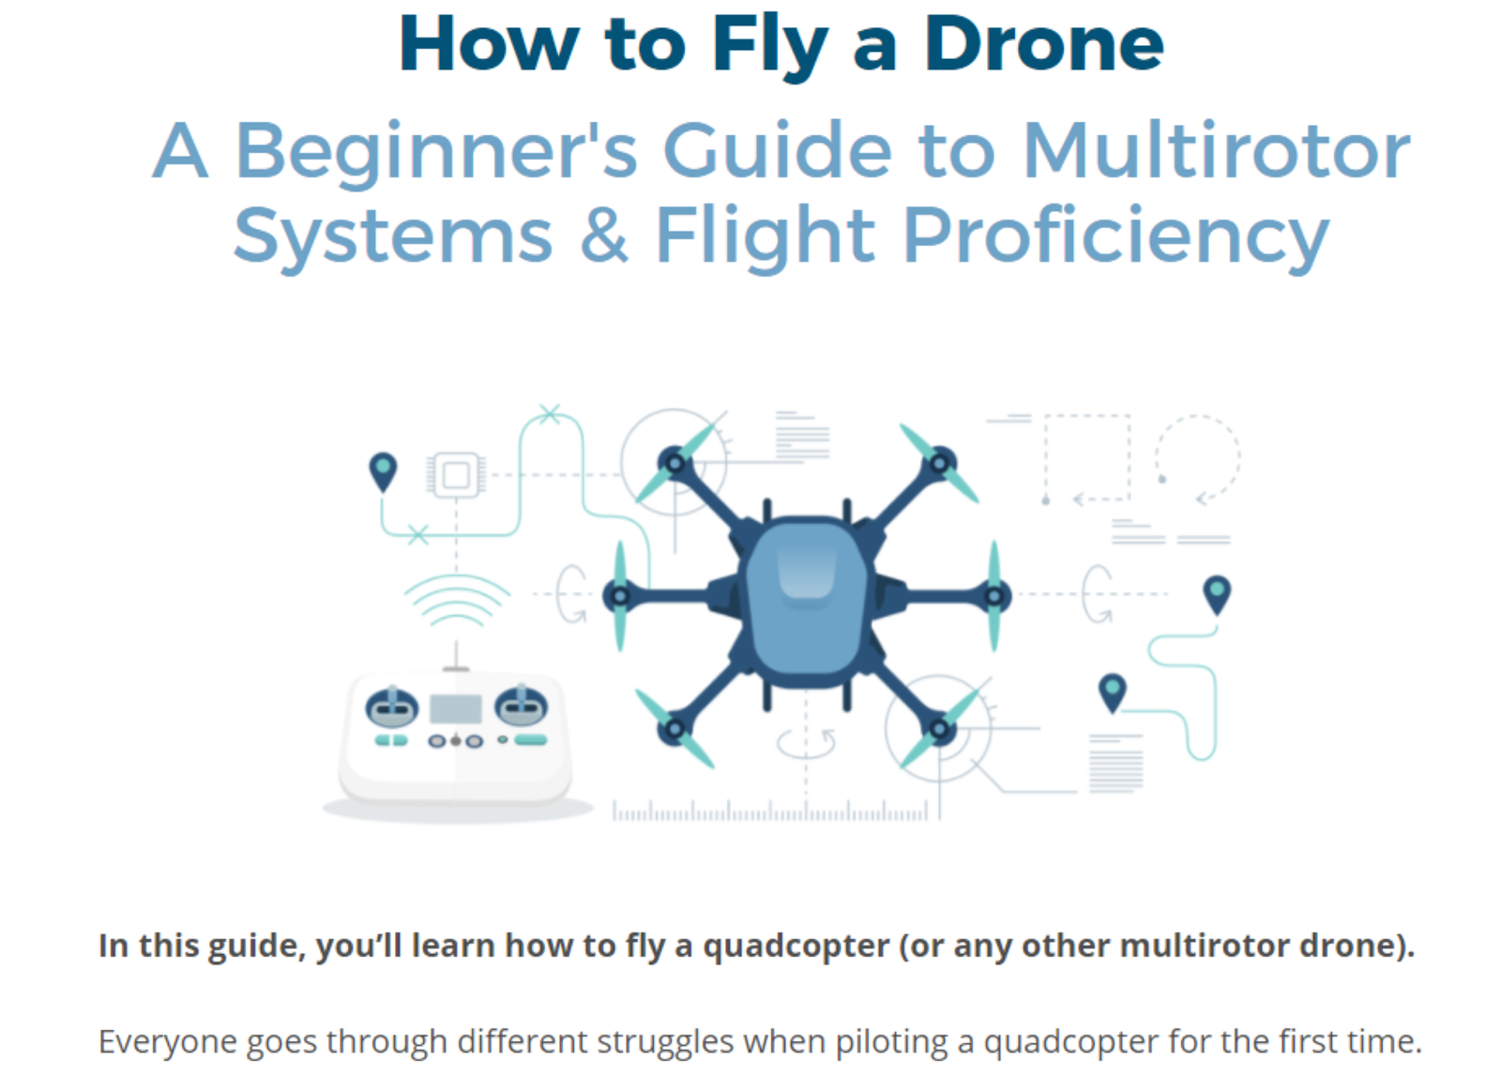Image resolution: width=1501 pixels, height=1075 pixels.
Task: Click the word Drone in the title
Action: click(x=1044, y=44)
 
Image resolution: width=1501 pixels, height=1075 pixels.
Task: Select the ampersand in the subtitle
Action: click(x=604, y=235)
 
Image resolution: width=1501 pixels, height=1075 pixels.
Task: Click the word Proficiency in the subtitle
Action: click(x=1116, y=237)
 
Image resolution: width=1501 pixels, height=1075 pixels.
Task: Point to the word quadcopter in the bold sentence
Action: click(x=796, y=947)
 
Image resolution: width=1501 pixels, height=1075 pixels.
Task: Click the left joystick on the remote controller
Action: click(x=392, y=706)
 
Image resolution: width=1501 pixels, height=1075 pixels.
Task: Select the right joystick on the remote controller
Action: click(x=521, y=706)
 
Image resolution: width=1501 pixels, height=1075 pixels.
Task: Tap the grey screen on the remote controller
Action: click(x=456, y=709)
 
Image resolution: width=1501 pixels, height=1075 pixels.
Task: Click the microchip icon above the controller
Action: click(x=456, y=476)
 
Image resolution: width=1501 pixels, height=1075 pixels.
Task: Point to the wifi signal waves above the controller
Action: click(x=457, y=599)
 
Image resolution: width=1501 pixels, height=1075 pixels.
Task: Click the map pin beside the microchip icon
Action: click(x=384, y=472)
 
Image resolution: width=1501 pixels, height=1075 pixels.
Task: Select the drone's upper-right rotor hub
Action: click(x=940, y=463)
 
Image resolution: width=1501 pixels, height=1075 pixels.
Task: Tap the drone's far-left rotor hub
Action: click(x=620, y=596)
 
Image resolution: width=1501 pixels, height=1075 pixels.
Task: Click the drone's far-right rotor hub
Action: click(x=995, y=596)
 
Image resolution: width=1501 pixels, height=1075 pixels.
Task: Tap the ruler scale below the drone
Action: click(x=770, y=811)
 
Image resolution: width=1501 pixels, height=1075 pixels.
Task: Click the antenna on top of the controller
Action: click(x=456, y=656)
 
